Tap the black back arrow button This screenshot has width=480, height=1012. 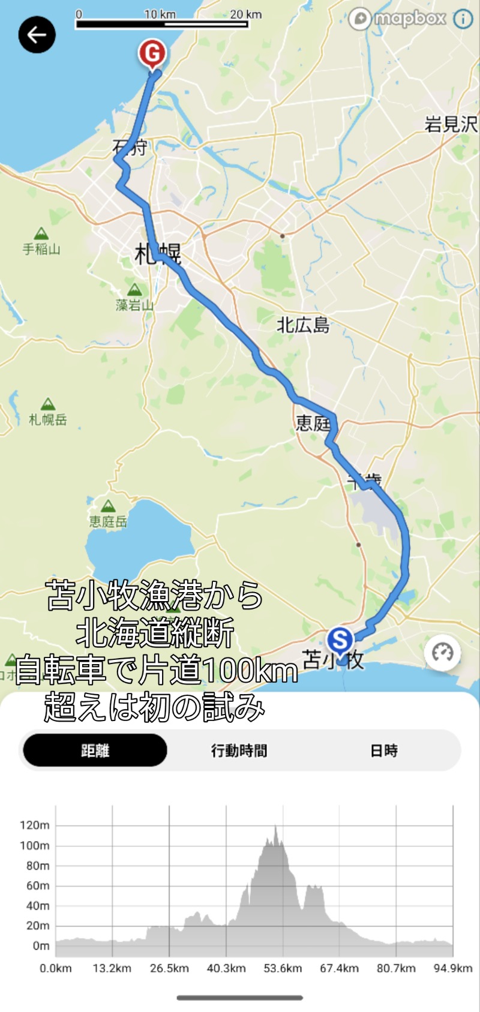[x=37, y=35]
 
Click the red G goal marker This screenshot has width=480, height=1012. [x=152, y=54]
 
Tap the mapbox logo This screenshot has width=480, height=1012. [x=398, y=19]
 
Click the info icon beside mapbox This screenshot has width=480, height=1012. [x=463, y=19]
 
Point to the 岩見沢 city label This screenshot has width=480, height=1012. [x=451, y=124]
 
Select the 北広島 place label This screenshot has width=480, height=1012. [x=303, y=325]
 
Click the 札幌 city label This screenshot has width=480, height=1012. [x=158, y=254]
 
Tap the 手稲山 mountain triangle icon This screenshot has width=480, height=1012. [x=41, y=233]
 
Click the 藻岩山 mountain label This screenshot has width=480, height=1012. [x=134, y=305]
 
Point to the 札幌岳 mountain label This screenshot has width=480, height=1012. [x=48, y=419]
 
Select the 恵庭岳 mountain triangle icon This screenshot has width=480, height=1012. [x=108, y=506]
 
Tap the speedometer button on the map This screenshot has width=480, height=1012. [x=443, y=653]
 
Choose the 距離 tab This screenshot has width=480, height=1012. [x=95, y=750]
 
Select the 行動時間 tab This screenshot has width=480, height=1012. [x=239, y=750]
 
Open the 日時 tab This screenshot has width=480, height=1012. [x=383, y=750]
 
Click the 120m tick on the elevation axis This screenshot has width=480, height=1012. [x=35, y=825]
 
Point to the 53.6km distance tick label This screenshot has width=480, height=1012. [x=283, y=968]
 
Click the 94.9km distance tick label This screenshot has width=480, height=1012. [x=453, y=968]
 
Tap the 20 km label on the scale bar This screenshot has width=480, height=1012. [x=246, y=14]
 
